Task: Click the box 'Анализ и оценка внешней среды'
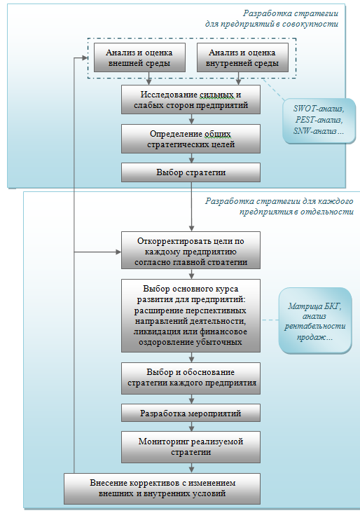(139, 57)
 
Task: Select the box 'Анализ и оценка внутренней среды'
(242, 57)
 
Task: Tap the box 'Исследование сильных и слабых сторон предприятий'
(191, 100)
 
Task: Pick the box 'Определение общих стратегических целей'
(191, 139)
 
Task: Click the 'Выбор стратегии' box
(191, 172)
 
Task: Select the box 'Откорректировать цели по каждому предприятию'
(191, 250)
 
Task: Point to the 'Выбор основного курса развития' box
(191, 315)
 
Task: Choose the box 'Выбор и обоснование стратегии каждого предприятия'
(191, 378)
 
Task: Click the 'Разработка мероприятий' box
(191, 413)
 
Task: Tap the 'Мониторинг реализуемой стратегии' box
(191, 447)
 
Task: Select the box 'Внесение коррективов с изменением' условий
(162, 488)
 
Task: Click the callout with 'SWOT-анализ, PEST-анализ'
(319, 121)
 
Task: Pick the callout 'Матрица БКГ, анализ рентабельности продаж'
(315, 321)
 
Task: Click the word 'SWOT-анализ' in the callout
(319, 109)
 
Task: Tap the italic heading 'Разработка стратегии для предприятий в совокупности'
(272, 19)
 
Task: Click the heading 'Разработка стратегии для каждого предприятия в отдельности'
(279, 206)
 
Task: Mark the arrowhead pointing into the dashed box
(85, 58)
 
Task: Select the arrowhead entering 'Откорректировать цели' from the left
(118, 252)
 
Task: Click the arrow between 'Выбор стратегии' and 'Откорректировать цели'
(192, 207)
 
